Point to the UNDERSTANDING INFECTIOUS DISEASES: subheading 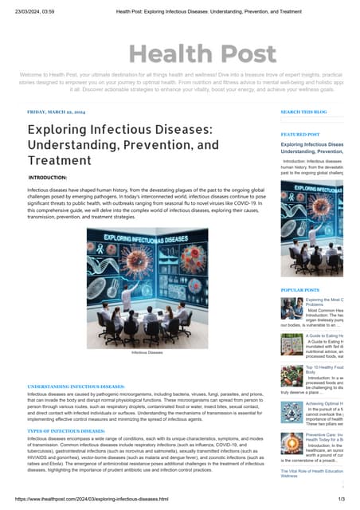[76, 386]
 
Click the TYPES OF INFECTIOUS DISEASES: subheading [66, 431]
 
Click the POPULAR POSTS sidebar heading [300, 290]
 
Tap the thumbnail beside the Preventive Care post [292, 442]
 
